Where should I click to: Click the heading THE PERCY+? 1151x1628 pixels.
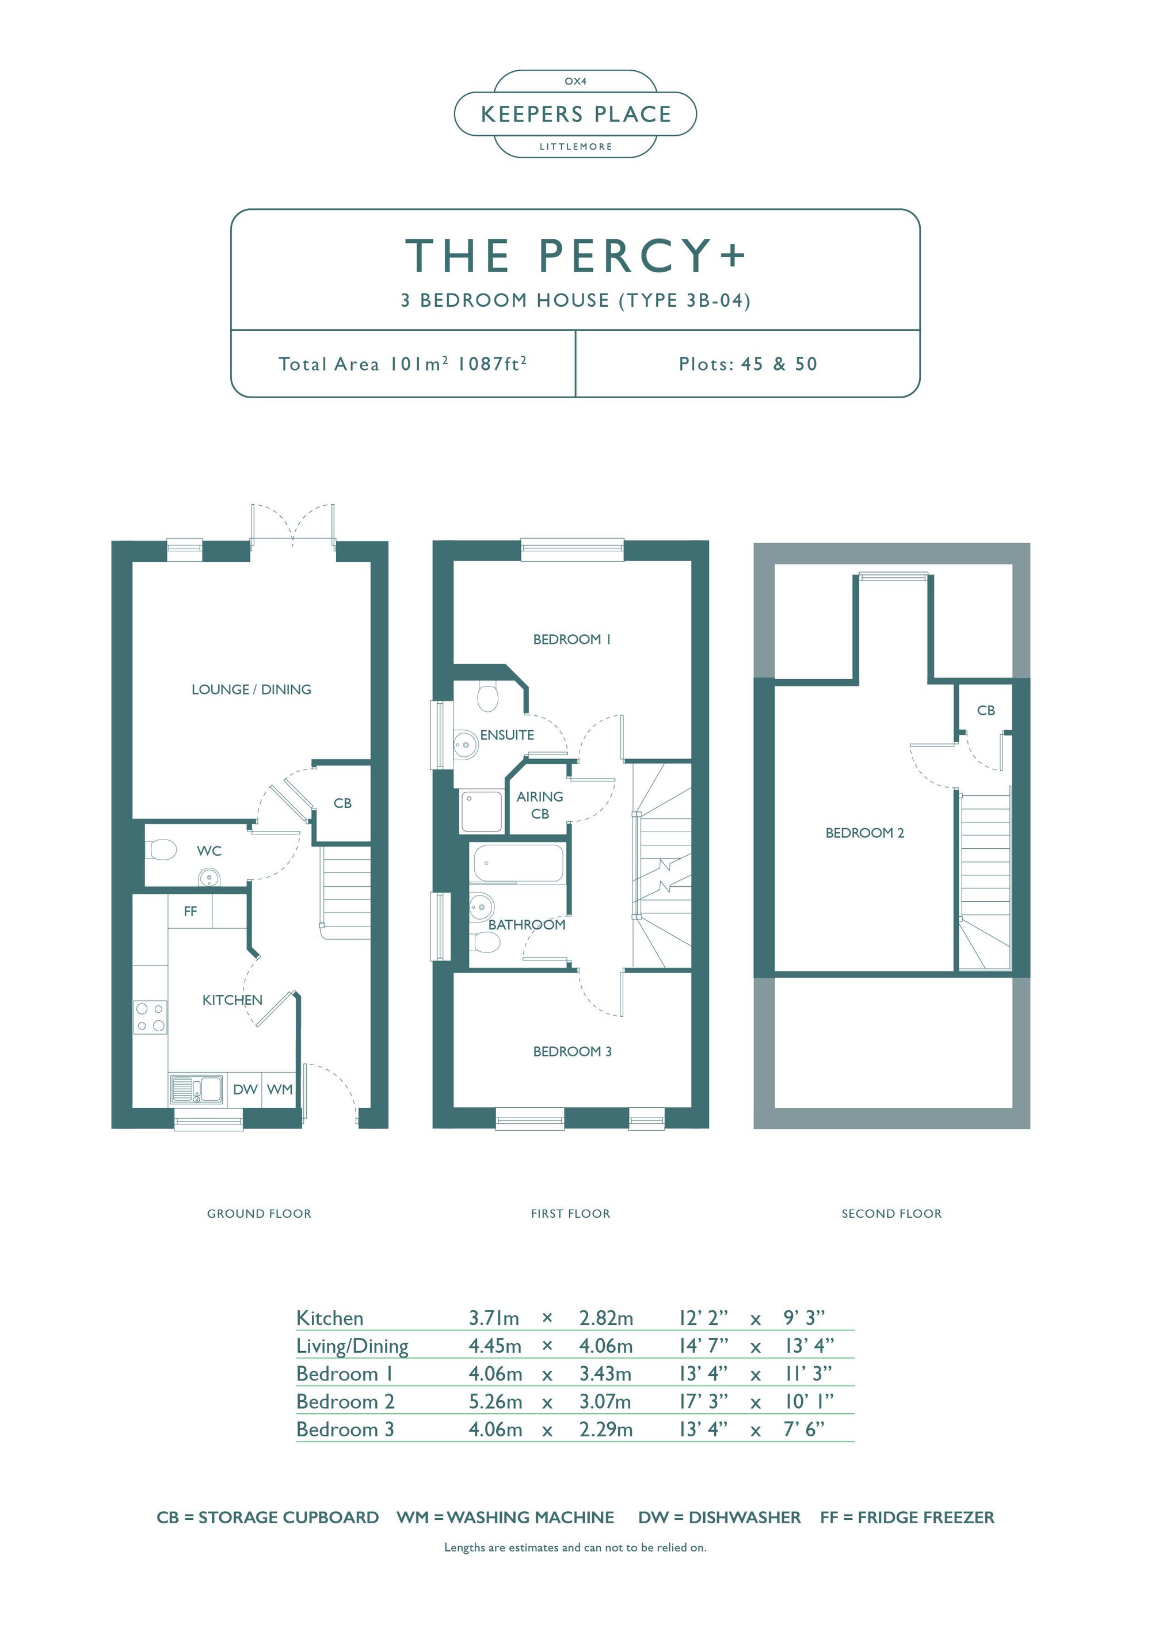coord(575,256)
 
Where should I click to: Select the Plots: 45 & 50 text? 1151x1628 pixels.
coord(748,364)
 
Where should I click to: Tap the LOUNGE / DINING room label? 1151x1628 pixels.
coord(251,689)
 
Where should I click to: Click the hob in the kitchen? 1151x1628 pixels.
coord(150,1017)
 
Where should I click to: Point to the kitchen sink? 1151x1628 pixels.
coord(196,1090)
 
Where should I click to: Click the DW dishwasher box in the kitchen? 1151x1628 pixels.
coord(245,1089)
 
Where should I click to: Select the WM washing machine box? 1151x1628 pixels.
coord(280,1089)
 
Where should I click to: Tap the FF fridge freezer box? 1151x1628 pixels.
coord(190,911)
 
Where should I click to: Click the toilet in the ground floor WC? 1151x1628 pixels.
coord(162,849)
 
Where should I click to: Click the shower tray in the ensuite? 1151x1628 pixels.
coord(482,811)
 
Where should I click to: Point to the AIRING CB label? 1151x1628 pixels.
coord(540,805)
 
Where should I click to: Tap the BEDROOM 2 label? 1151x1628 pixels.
coord(864,833)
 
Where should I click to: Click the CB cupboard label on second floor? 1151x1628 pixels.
coord(986,711)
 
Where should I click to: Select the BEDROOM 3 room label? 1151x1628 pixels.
coord(572,1051)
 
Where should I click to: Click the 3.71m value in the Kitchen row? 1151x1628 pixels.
coord(494,1318)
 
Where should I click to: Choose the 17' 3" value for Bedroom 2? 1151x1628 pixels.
coord(703,1402)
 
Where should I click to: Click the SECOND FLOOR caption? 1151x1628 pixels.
coord(891,1214)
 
